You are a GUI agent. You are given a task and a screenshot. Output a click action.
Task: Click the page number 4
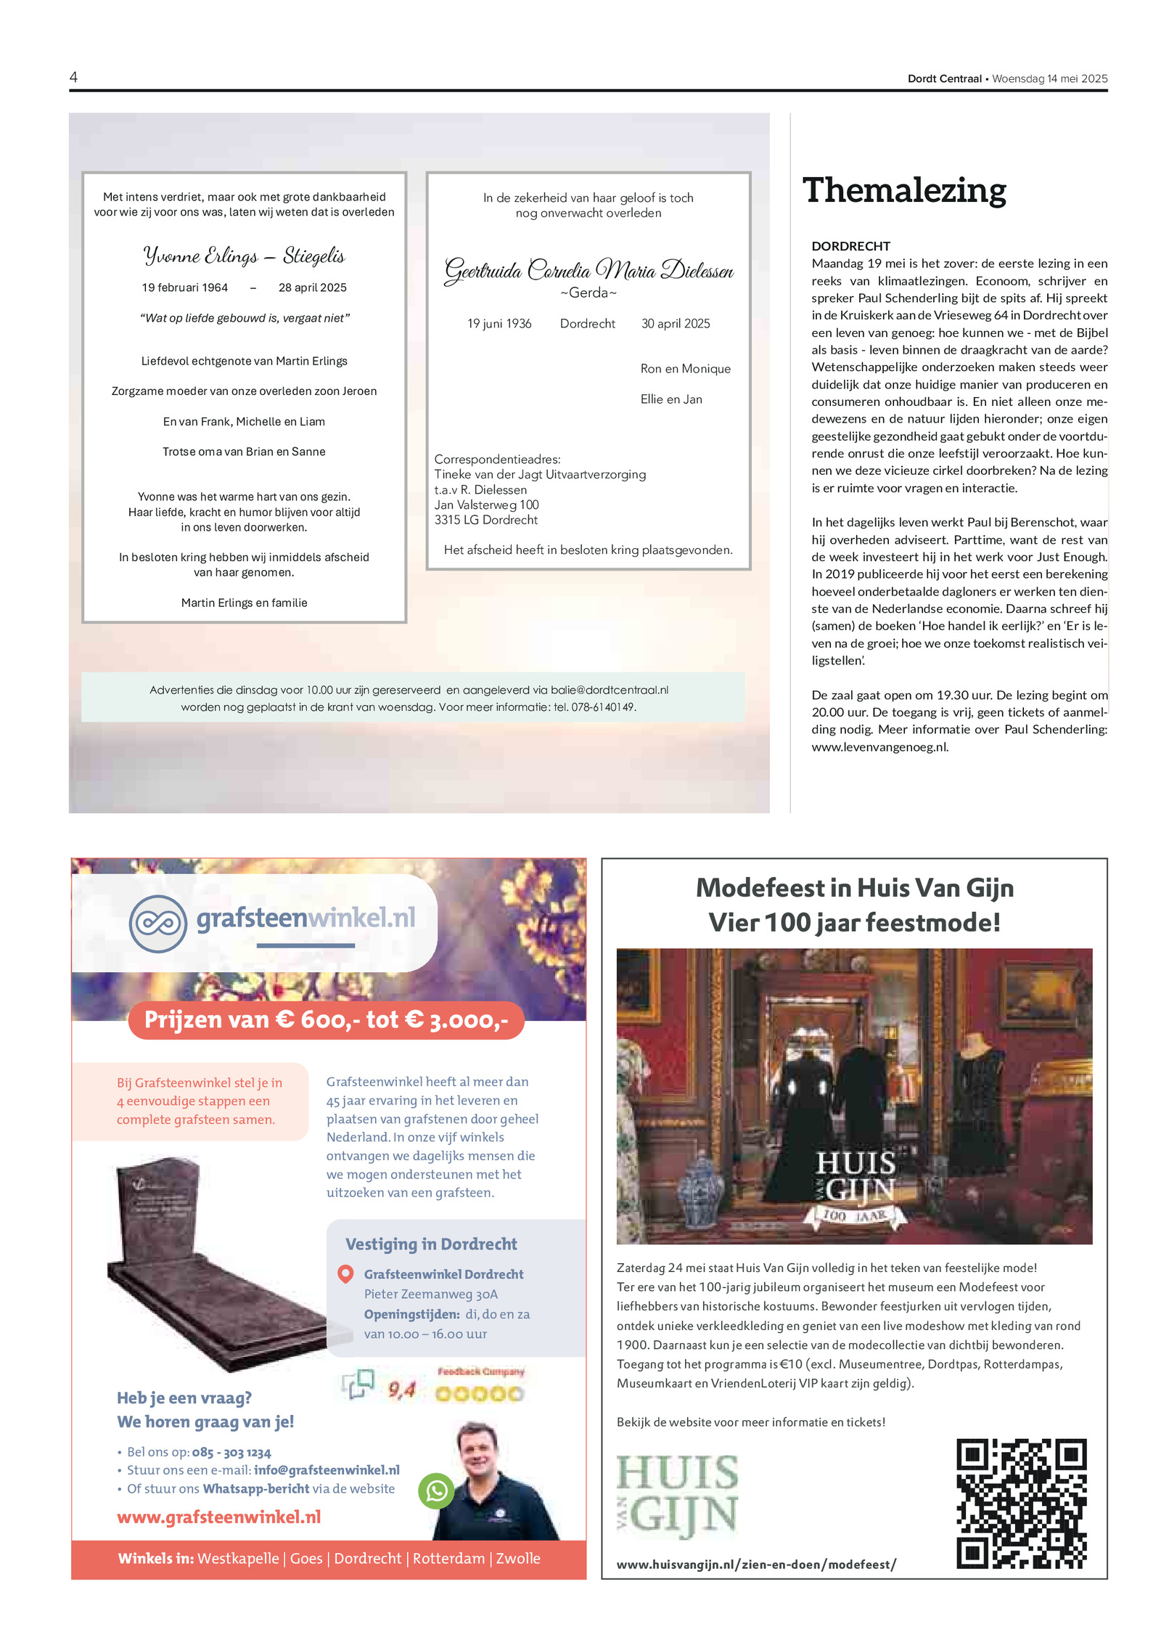click(73, 77)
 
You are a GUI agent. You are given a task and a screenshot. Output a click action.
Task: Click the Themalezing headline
click(903, 190)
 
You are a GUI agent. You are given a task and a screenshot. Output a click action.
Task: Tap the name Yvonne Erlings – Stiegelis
click(244, 256)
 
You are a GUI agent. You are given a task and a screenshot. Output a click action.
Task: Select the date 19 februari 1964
click(184, 288)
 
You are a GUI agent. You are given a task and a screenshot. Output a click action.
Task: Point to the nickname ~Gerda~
click(588, 293)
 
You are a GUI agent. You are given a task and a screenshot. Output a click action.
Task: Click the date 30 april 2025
click(675, 324)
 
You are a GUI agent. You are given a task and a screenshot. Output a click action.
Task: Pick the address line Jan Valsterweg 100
click(486, 505)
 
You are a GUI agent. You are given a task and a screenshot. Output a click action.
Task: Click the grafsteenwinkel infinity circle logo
click(157, 924)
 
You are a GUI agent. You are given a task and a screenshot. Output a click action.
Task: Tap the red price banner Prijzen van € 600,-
click(326, 1020)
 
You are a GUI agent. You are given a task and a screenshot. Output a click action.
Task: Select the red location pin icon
click(346, 1273)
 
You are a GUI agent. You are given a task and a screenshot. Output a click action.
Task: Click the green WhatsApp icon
click(436, 1491)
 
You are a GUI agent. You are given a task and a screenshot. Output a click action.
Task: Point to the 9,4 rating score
click(401, 1390)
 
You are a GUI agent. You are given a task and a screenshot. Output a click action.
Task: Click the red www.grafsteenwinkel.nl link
click(218, 1517)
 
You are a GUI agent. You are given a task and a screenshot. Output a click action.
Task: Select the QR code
click(1021, 1504)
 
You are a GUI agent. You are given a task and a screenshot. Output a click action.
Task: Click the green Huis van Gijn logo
click(677, 1495)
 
